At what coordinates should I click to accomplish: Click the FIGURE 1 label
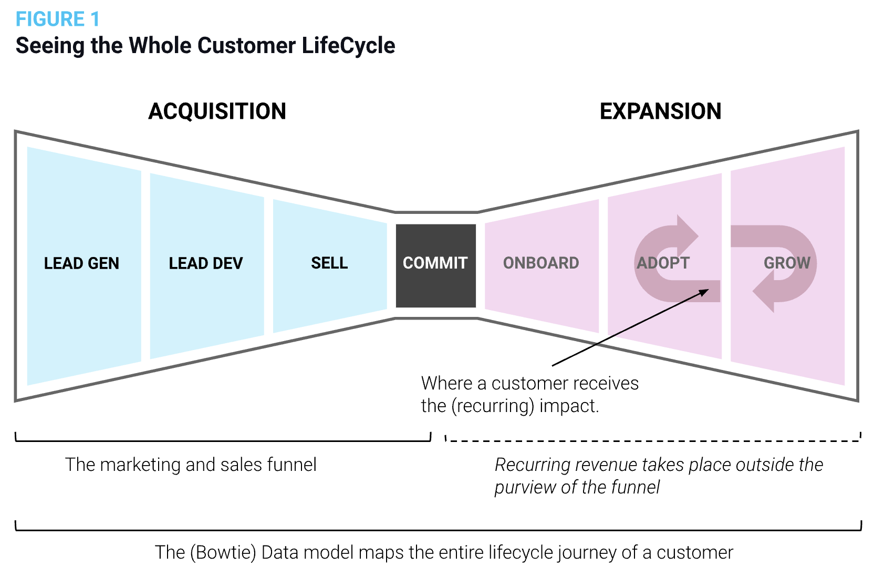(x=58, y=19)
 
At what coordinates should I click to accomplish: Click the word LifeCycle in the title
(x=348, y=45)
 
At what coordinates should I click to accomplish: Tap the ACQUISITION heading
(x=217, y=111)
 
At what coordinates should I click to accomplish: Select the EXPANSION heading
(x=661, y=111)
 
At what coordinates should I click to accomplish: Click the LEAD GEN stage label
(x=81, y=263)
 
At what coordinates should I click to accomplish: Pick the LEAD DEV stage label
(x=205, y=263)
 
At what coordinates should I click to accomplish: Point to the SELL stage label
(x=329, y=263)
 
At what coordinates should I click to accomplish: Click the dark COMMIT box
(x=436, y=265)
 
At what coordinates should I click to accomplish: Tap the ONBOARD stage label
(x=541, y=263)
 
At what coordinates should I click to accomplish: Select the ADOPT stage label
(x=663, y=263)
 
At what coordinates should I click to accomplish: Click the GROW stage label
(x=787, y=263)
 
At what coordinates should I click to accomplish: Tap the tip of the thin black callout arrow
(x=709, y=290)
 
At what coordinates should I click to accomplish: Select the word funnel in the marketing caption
(x=292, y=465)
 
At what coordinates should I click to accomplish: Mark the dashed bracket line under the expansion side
(x=653, y=441)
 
